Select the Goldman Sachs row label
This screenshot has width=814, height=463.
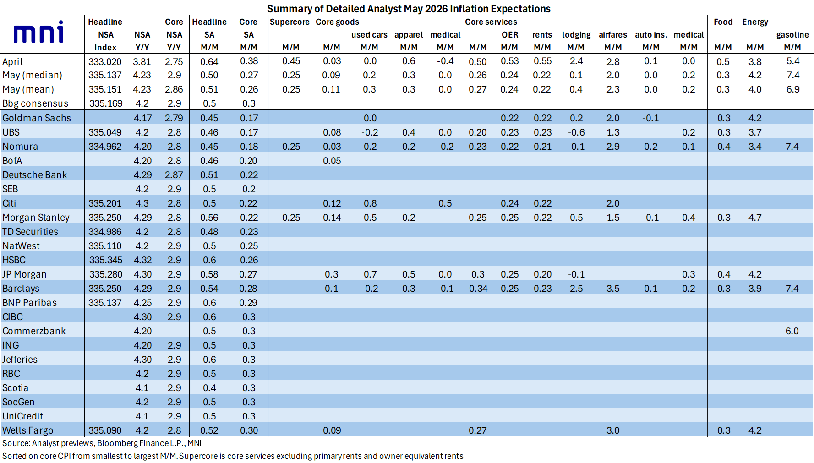coord(37,118)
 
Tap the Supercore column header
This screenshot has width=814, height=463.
coord(290,22)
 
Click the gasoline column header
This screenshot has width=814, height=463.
coord(792,35)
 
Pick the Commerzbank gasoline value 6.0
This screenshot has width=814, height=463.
coord(792,331)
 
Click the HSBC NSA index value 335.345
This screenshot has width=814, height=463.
coord(106,260)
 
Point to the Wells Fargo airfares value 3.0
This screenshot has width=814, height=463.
coord(613,430)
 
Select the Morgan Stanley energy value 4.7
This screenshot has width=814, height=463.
coord(755,218)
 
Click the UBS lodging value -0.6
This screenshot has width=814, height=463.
coord(576,132)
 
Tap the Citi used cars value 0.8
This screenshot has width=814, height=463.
coord(370,203)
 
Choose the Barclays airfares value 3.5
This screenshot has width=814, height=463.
coord(613,289)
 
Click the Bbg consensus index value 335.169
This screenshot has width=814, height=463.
coord(106,103)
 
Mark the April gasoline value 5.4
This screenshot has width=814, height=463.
coord(793,61)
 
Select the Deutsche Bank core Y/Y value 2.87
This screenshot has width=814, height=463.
coord(174,175)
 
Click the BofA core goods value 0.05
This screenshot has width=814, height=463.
coord(332,161)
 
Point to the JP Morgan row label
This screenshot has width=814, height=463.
coord(24,274)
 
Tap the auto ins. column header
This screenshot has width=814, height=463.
coord(651,35)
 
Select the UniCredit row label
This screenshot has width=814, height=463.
coord(22,416)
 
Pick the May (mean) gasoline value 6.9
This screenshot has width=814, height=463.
coord(793,89)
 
